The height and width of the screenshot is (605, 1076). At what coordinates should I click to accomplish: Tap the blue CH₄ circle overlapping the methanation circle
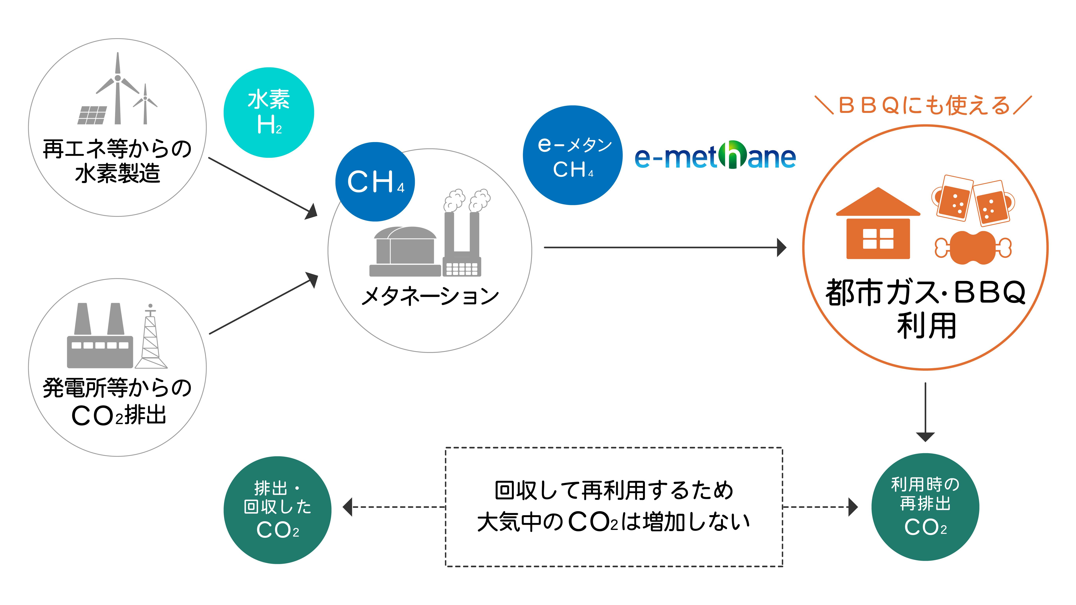click(x=375, y=182)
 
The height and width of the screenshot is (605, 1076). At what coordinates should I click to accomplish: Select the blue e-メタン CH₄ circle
click(x=573, y=155)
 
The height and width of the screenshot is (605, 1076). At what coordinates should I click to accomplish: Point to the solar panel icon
click(x=92, y=115)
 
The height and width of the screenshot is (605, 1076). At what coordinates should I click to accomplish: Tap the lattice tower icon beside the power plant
click(x=151, y=338)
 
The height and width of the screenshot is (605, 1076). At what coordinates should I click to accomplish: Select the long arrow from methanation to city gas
click(x=664, y=248)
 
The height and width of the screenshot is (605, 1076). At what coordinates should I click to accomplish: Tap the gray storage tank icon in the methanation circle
click(x=404, y=251)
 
